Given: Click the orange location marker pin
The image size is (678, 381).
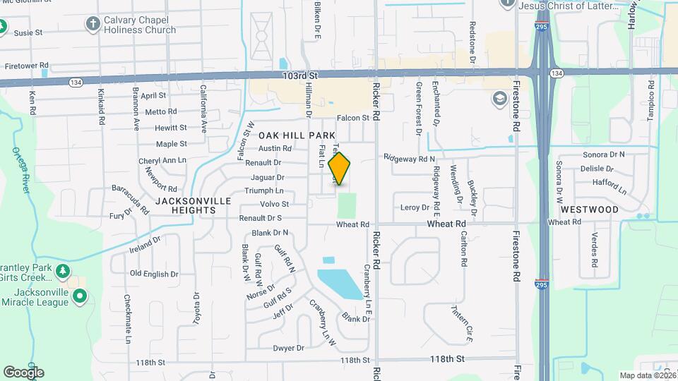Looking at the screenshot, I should [x=340, y=169].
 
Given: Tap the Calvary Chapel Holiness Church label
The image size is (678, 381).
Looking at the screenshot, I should [x=140, y=25].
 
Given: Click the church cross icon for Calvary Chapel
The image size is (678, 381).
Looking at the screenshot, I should [x=93, y=25].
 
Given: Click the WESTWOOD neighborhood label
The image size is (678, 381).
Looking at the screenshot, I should [x=590, y=210].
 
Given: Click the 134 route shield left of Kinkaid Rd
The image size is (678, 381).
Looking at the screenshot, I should [x=74, y=83].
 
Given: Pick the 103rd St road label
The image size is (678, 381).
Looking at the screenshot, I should [x=300, y=75].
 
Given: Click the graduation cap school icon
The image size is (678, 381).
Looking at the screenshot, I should [x=501, y=97].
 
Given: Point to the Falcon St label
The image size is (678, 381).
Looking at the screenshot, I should [x=353, y=118].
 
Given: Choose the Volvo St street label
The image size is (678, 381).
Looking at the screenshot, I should [x=275, y=205].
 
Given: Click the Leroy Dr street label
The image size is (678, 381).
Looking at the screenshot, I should [x=415, y=207].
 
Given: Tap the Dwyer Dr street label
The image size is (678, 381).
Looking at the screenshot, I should [x=290, y=348].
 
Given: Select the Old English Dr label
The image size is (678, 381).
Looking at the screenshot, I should [x=154, y=273].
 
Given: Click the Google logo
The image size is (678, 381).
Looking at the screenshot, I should [x=23, y=372].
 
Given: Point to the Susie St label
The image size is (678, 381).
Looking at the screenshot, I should [x=28, y=32].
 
